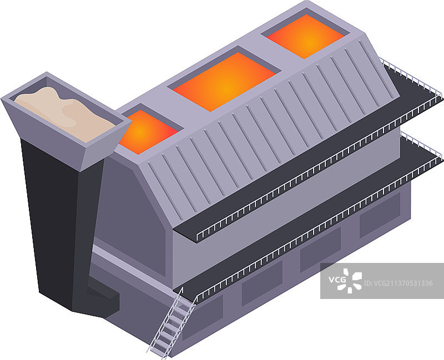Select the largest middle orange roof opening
pos(224,82)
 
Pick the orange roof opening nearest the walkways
pos(306,37)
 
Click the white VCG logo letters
pos(337,280)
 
